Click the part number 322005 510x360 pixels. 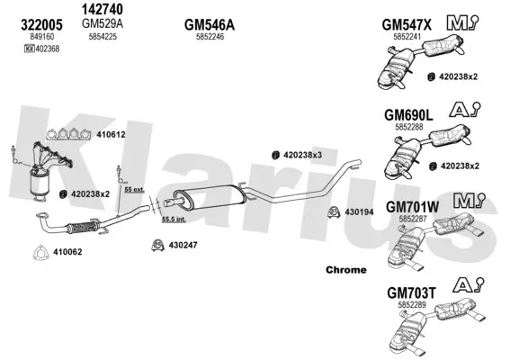(41, 25)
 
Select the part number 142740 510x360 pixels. (103, 9)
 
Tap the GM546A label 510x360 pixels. (210, 24)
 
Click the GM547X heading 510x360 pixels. (407, 24)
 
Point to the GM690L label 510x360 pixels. (408, 115)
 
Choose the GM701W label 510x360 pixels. (413, 207)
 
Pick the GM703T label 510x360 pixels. (411, 293)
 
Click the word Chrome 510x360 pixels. (345, 270)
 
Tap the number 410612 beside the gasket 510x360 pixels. (111, 134)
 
